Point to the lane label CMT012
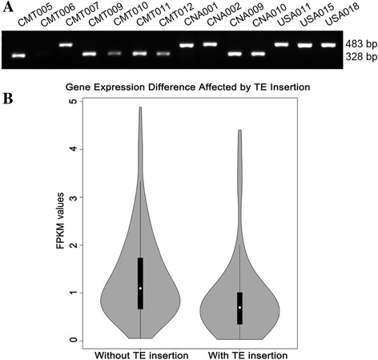(x=175, y=16)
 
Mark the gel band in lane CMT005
(x=18, y=55)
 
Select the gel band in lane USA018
(x=328, y=44)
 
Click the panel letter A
(x=6, y=7)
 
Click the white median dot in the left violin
(x=140, y=288)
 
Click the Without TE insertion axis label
(x=140, y=354)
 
